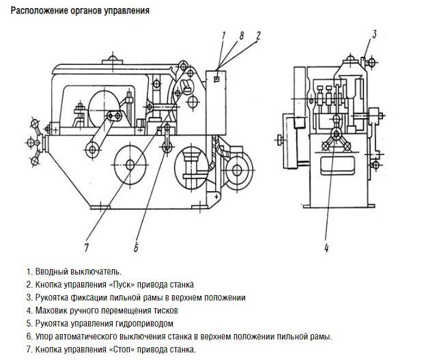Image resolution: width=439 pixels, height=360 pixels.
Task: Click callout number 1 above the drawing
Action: point(223,33)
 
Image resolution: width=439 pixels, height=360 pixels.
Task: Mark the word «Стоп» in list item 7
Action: point(119,349)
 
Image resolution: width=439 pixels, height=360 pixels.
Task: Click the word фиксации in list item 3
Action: point(87,297)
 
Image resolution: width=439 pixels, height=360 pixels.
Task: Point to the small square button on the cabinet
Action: point(216,79)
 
